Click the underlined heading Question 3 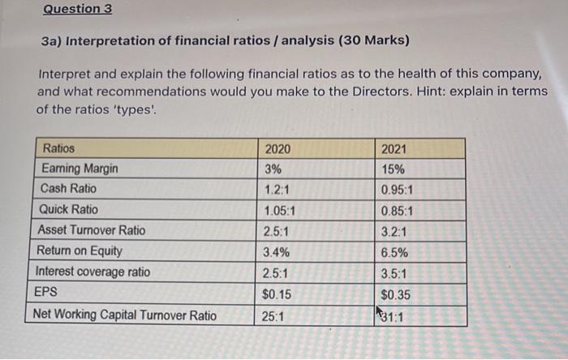pos(78,9)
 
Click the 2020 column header pos(278,149)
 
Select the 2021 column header pos(394,149)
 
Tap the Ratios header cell pos(58,149)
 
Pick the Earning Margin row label pos(80,169)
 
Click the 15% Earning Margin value pos(393,169)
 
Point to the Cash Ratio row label pos(68,189)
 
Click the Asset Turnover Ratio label pos(92,230)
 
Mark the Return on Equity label pos(81,251)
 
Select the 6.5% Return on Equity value pos(394,252)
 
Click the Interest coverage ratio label pos(93,272)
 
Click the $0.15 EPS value pos(278,294)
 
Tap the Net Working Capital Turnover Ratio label pos(124,315)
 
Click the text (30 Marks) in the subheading pos(368,41)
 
